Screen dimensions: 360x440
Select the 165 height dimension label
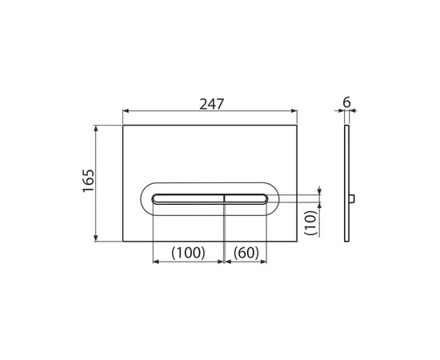click(x=88, y=182)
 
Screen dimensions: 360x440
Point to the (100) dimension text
click(x=189, y=252)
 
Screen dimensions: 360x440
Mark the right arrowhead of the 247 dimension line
click(x=297, y=113)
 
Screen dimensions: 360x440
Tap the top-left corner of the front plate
click(x=123, y=125)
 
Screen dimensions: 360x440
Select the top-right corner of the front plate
click(x=299, y=125)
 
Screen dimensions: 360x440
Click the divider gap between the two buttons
click(x=225, y=197)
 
